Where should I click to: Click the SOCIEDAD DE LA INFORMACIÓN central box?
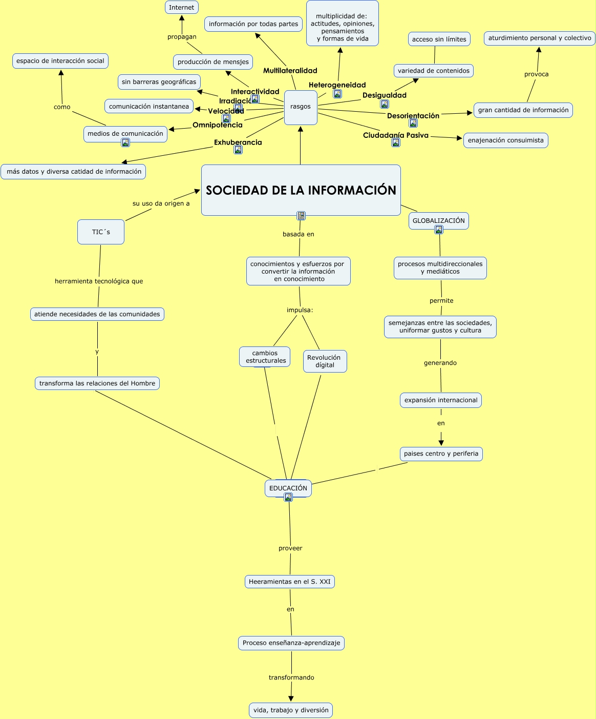tap(301, 190)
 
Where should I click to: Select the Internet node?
tap(182, 7)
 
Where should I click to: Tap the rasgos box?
tap(301, 108)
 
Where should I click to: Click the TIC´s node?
tap(101, 232)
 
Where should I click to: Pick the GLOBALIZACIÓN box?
tap(439, 221)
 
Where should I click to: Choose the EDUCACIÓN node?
tap(288, 488)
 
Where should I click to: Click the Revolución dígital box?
tap(325, 361)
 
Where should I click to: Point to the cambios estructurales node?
tap(265, 357)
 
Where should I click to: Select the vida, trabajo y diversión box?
tap(291, 710)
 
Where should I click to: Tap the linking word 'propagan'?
tap(182, 37)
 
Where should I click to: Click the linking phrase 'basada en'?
tap(299, 234)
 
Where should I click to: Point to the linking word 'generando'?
tap(440, 363)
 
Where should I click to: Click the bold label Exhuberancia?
tap(238, 142)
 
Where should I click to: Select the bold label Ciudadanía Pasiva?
tap(396, 135)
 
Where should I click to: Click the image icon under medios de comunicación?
tap(125, 142)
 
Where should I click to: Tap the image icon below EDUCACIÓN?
tap(288, 497)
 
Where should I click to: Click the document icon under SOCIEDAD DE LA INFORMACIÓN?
tap(301, 216)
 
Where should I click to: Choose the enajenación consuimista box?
tap(506, 140)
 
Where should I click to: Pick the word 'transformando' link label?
tap(291, 677)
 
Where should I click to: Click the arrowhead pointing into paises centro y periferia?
tap(441, 443)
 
